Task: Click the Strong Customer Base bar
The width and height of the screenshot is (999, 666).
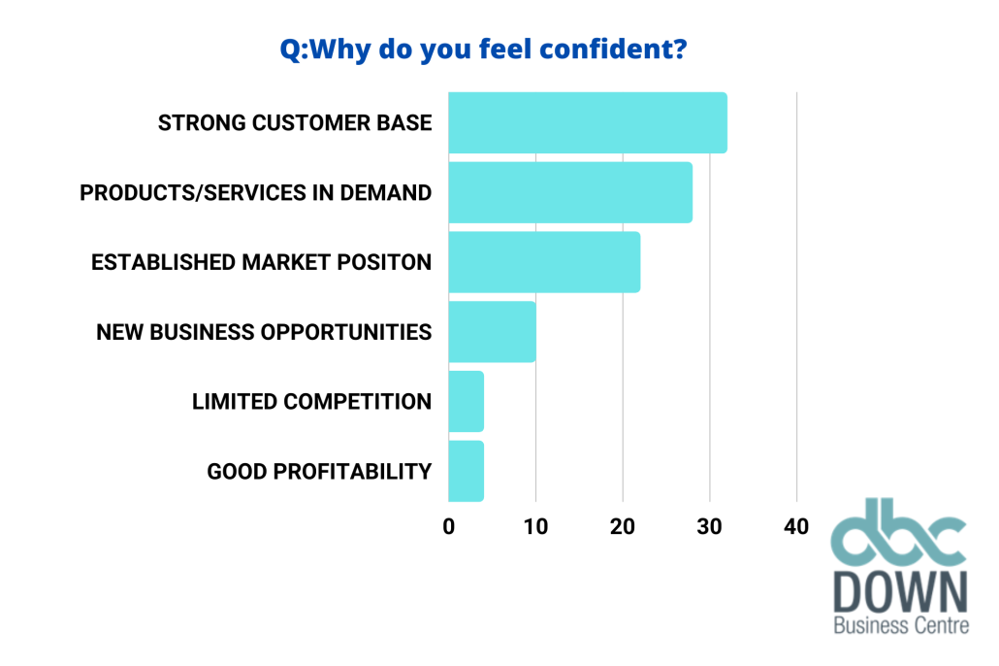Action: point(588,122)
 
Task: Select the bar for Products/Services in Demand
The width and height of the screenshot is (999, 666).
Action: point(570,192)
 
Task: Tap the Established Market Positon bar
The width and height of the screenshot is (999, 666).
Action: point(544,262)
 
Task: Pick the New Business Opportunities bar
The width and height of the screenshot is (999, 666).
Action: point(492,332)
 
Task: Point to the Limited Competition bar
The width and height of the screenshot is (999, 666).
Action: point(466,401)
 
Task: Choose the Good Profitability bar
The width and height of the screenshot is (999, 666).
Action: point(466,471)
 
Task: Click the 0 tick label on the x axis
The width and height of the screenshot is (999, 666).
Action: point(448,526)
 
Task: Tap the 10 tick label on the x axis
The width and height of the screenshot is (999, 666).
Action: point(535,526)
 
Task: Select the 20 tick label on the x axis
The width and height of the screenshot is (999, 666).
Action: point(623,526)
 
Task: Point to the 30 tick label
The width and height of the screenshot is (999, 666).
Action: point(709,526)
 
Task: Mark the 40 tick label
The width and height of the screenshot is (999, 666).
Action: point(796,526)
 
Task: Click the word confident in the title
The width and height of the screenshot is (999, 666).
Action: point(605,49)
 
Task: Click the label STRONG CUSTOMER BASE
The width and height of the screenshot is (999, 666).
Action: point(295,122)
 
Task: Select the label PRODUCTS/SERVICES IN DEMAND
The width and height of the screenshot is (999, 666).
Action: point(255,192)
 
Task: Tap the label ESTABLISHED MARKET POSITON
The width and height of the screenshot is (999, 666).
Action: point(261,262)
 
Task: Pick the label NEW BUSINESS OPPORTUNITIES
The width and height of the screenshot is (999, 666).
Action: point(264,332)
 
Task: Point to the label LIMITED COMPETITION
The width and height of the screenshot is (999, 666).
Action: point(311,401)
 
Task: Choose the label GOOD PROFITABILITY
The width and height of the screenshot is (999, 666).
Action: point(319,472)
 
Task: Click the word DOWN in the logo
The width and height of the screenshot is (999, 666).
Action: point(901,592)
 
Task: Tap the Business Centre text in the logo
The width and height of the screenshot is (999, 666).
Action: point(901,625)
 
